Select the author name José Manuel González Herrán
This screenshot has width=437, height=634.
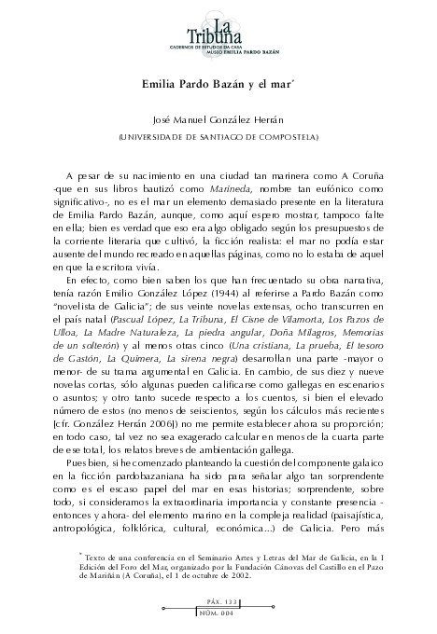click(218, 121)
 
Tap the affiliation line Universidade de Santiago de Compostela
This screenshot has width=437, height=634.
click(218, 137)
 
